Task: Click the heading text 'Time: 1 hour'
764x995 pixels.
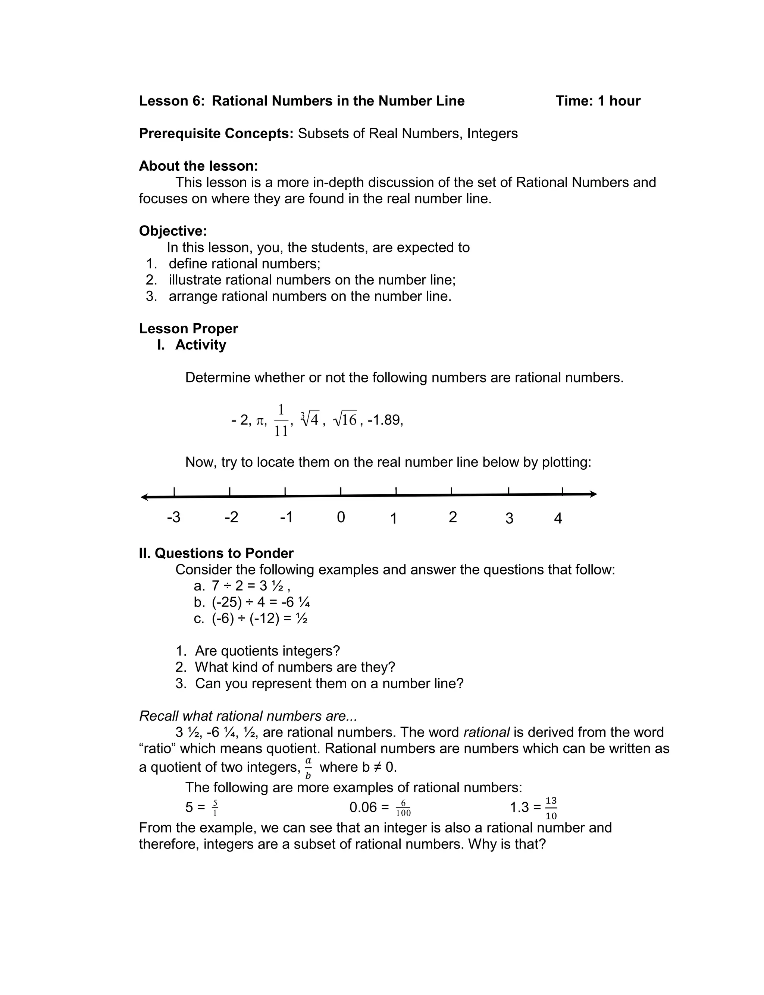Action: [598, 101]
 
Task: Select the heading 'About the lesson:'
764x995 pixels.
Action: [198, 166]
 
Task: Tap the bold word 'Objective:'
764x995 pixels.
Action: [173, 231]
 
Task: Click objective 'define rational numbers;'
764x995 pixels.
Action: [244, 264]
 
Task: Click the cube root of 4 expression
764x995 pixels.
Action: [310, 419]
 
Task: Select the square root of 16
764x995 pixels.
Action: [345, 420]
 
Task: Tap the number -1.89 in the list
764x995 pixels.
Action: [385, 420]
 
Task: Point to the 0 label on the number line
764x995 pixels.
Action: [341, 517]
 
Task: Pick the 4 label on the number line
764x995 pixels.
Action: [558, 519]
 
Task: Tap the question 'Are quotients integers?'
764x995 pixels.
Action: [267, 651]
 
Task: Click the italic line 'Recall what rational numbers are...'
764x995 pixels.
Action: [248, 716]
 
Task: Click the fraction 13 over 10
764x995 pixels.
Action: [551, 808]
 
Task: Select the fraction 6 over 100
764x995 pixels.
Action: [403, 808]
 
